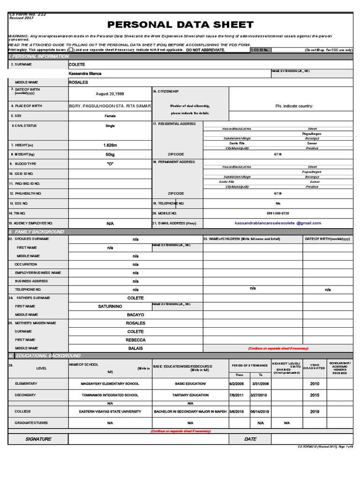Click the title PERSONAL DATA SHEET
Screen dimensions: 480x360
coord(180,25)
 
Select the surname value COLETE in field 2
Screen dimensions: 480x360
coord(77,64)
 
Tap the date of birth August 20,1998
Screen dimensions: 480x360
coord(110,93)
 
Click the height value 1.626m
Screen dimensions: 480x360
coord(110,145)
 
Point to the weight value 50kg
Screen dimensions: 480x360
coord(110,154)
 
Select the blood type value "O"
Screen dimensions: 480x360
coord(110,164)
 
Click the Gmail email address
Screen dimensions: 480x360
coord(277,223)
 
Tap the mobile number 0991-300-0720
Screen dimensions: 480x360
coord(278,213)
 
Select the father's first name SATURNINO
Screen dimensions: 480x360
coord(110,306)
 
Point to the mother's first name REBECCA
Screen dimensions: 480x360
coord(135,340)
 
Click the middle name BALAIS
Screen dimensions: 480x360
coord(135,348)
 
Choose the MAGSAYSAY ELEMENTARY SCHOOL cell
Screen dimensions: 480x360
coord(110,383)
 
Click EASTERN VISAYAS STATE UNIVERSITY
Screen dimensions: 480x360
coord(110,411)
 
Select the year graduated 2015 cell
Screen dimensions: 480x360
coord(314,395)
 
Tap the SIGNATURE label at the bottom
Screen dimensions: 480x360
coord(38,439)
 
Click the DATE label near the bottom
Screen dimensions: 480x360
coord(250,439)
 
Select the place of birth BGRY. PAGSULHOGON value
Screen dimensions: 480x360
coord(110,106)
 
